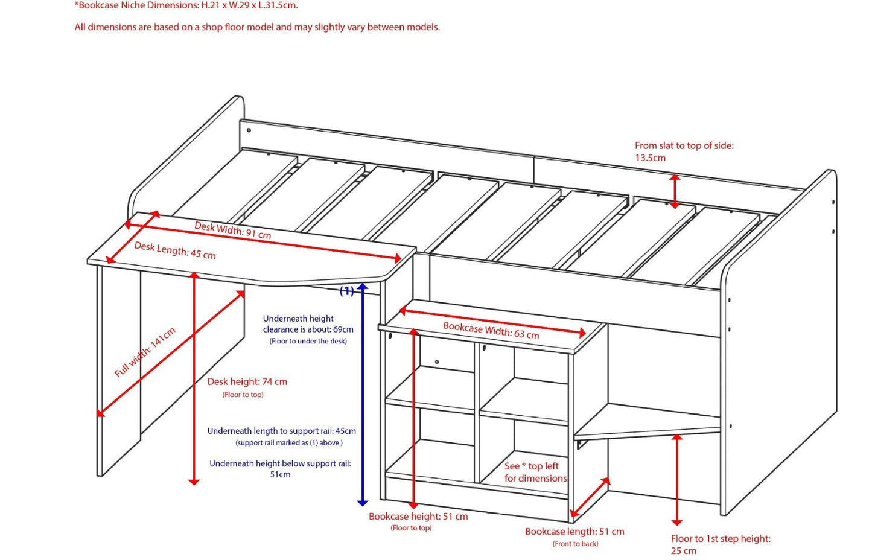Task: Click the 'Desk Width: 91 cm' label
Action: [x=232, y=230]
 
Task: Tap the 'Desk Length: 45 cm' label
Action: [x=175, y=250]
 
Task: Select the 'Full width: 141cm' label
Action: [x=145, y=352]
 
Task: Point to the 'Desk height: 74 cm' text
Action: [x=247, y=381]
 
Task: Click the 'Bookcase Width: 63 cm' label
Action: [x=491, y=331]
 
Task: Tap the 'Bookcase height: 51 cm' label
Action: [x=418, y=517]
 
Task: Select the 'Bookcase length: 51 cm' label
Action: [x=574, y=532]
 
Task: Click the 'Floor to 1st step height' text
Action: [x=721, y=539]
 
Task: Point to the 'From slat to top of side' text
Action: [x=684, y=145]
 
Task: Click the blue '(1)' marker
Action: [x=347, y=291]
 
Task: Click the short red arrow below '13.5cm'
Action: [x=675, y=191]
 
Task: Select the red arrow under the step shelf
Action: [x=677, y=480]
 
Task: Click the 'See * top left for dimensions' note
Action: [x=535, y=472]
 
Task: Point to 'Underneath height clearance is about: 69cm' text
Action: [x=308, y=324]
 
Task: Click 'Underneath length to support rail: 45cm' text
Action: [x=281, y=431]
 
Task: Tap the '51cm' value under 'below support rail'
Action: [x=280, y=474]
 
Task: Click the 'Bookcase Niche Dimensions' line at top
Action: [x=186, y=5]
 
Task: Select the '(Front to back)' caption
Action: [x=575, y=544]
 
